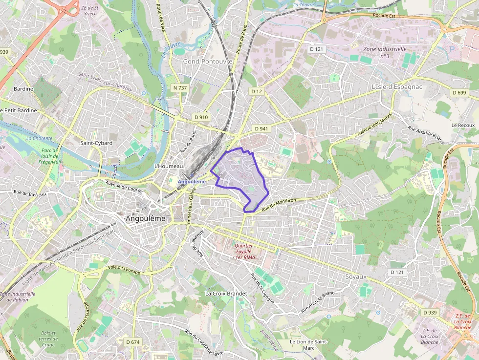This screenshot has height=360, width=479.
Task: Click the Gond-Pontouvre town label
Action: (x=207, y=62)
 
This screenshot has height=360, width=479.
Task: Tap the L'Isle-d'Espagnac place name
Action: (x=396, y=87)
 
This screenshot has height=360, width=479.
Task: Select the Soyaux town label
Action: (x=355, y=276)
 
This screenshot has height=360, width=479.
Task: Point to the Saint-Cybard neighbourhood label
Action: (x=96, y=143)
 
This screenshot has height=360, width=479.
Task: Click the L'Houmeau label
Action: (x=169, y=167)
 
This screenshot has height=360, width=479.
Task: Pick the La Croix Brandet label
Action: (x=226, y=294)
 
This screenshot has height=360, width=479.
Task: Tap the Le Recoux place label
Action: (x=463, y=126)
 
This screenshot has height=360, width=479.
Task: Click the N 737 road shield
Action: (x=180, y=88)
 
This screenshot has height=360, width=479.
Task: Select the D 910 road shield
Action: (x=201, y=117)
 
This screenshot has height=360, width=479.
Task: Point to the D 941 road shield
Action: (x=261, y=128)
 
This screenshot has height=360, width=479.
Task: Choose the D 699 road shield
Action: (x=459, y=93)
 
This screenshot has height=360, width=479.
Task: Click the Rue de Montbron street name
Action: (x=280, y=204)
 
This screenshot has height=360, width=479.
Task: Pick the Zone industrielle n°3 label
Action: (x=385, y=52)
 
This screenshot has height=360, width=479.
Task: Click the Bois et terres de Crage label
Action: (x=48, y=339)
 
